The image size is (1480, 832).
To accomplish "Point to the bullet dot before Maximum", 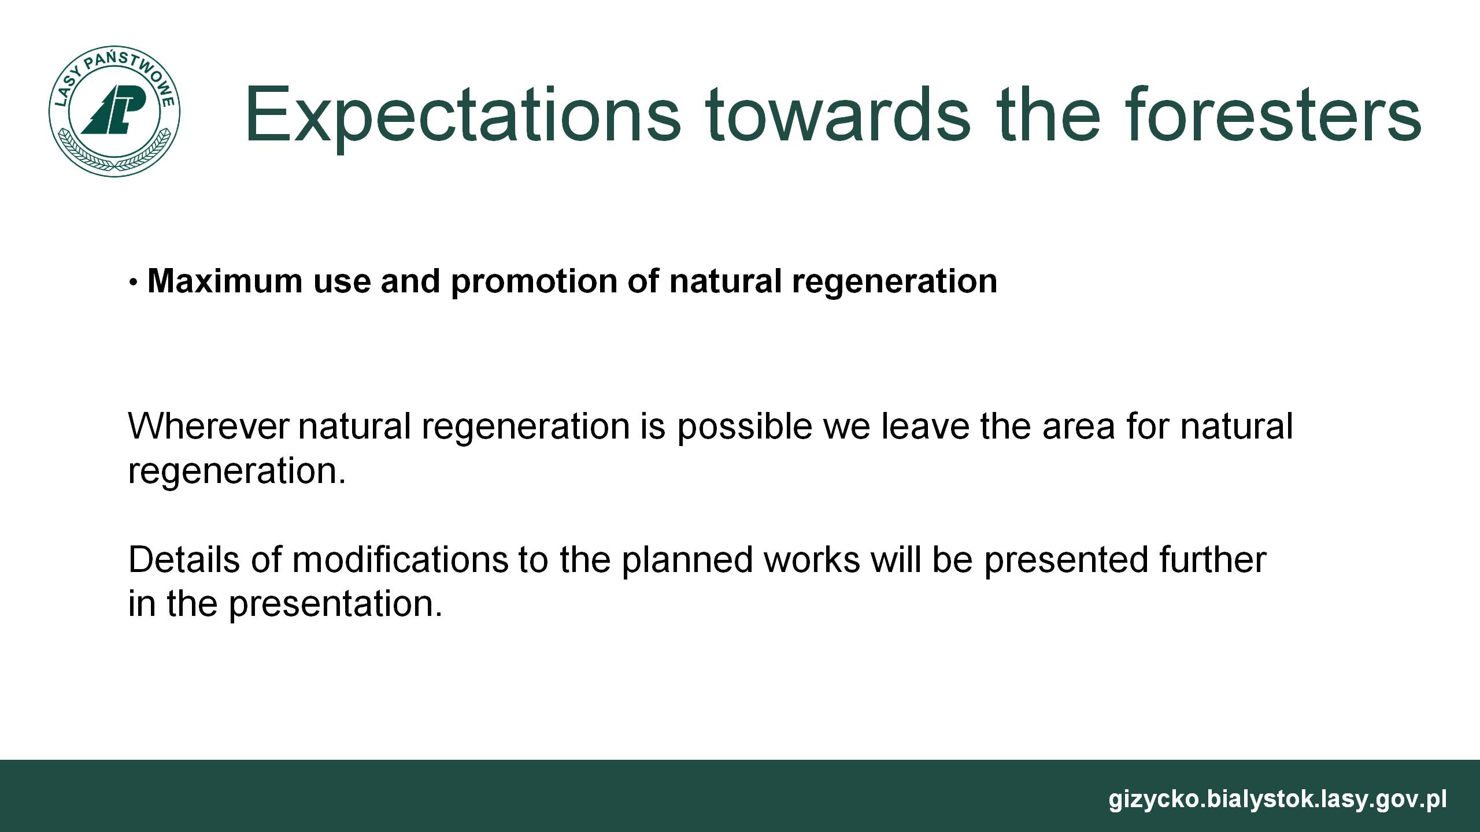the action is pyautogui.click(x=134, y=283).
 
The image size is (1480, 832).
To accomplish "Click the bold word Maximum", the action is pyautogui.click(x=225, y=281).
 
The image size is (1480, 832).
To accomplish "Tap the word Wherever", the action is pyautogui.click(x=208, y=426).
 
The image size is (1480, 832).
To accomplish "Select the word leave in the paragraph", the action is pyautogui.click(x=925, y=426).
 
